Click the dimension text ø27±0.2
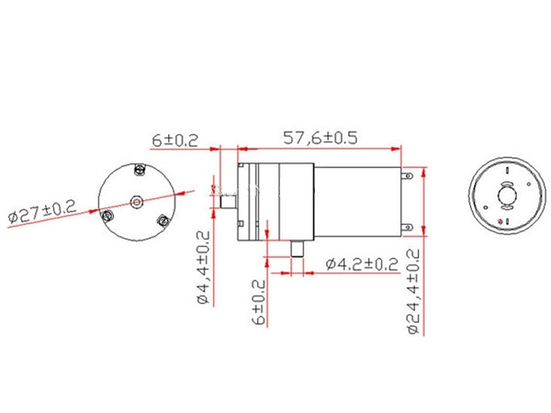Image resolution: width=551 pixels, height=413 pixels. tap(42, 212)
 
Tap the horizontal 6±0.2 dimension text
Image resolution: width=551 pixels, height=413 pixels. tap(175, 140)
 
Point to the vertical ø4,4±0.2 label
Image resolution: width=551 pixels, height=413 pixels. tap(203, 267)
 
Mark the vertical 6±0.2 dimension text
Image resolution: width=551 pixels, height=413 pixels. tap(260, 302)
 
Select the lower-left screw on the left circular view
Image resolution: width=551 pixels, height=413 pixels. tap(108, 216)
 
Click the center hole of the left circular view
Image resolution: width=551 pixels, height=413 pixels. tap(136, 201)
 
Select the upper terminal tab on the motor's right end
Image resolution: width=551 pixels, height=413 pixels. tap(405, 174)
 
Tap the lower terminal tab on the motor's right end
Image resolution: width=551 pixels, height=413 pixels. tap(405, 225)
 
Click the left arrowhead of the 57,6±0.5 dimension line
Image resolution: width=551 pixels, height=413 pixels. tap(241, 147)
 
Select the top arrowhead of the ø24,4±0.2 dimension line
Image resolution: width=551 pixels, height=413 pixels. tap(422, 172)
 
